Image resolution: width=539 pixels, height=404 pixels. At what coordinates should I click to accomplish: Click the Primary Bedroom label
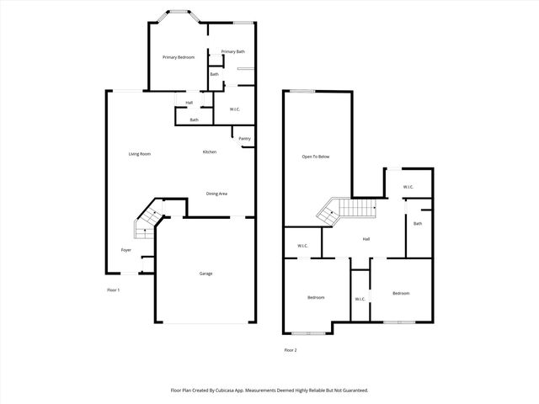(x=179, y=57)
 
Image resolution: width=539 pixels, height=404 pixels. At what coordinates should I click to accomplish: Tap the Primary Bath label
(x=233, y=52)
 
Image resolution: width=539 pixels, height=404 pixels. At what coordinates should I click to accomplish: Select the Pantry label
(x=244, y=139)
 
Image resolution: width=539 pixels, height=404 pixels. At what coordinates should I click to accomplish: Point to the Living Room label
(x=139, y=153)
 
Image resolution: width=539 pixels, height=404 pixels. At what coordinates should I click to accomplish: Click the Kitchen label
(x=209, y=151)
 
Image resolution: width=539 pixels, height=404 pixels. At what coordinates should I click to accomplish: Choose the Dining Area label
(x=216, y=194)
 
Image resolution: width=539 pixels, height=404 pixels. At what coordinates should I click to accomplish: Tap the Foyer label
(x=125, y=250)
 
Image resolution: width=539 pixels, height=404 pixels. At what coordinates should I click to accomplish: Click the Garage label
(x=205, y=274)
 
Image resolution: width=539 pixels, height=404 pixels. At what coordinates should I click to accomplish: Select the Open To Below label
(x=316, y=157)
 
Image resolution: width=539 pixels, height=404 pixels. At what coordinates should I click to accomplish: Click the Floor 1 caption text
(x=113, y=290)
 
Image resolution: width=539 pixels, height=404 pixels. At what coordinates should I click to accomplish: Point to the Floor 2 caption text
(x=290, y=350)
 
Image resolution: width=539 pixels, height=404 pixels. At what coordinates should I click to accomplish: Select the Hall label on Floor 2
(x=366, y=239)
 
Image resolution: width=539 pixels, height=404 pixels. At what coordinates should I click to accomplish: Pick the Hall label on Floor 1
(x=189, y=103)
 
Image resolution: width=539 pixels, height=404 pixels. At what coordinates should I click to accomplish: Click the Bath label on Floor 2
(x=417, y=223)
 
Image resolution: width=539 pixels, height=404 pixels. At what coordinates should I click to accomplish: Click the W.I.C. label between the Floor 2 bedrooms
(x=360, y=299)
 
